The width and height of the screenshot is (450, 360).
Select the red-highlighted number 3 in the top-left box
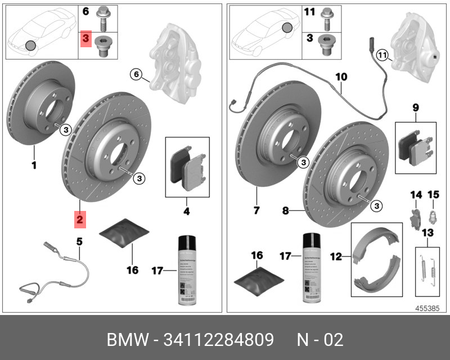tap(86, 39)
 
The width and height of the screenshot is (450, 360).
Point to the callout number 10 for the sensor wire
tap(341, 76)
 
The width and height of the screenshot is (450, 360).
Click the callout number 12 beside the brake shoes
tap(336, 256)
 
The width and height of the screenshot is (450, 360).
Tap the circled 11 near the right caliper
tap(382, 55)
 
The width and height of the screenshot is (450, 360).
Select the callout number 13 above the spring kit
tap(427, 233)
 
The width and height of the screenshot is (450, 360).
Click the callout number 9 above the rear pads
tap(415, 106)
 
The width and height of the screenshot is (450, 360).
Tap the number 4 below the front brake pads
tap(187, 211)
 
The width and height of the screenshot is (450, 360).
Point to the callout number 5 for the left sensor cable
tap(79, 241)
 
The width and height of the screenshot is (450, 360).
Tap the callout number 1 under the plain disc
tap(33, 165)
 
